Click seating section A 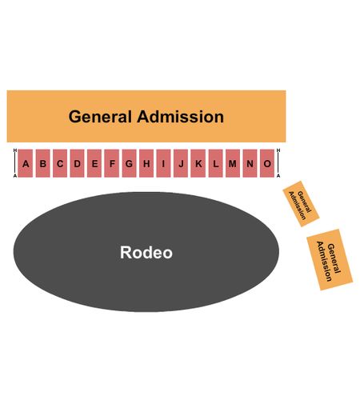tap(26, 163)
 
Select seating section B tap(42, 163)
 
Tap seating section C tap(60, 163)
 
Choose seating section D tap(77, 163)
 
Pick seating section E tap(94, 163)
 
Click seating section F tap(112, 163)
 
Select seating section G tap(129, 163)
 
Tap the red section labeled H tap(146, 163)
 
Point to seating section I tap(163, 163)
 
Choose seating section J tap(181, 163)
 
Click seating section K tap(198, 163)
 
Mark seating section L tap(215, 163)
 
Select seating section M tap(233, 163)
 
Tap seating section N tap(250, 163)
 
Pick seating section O tap(267, 163)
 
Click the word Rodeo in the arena tap(146, 252)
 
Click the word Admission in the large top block tap(180, 117)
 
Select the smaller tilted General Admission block tap(301, 204)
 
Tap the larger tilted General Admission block tap(330, 259)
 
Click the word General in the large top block tap(100, 117)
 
